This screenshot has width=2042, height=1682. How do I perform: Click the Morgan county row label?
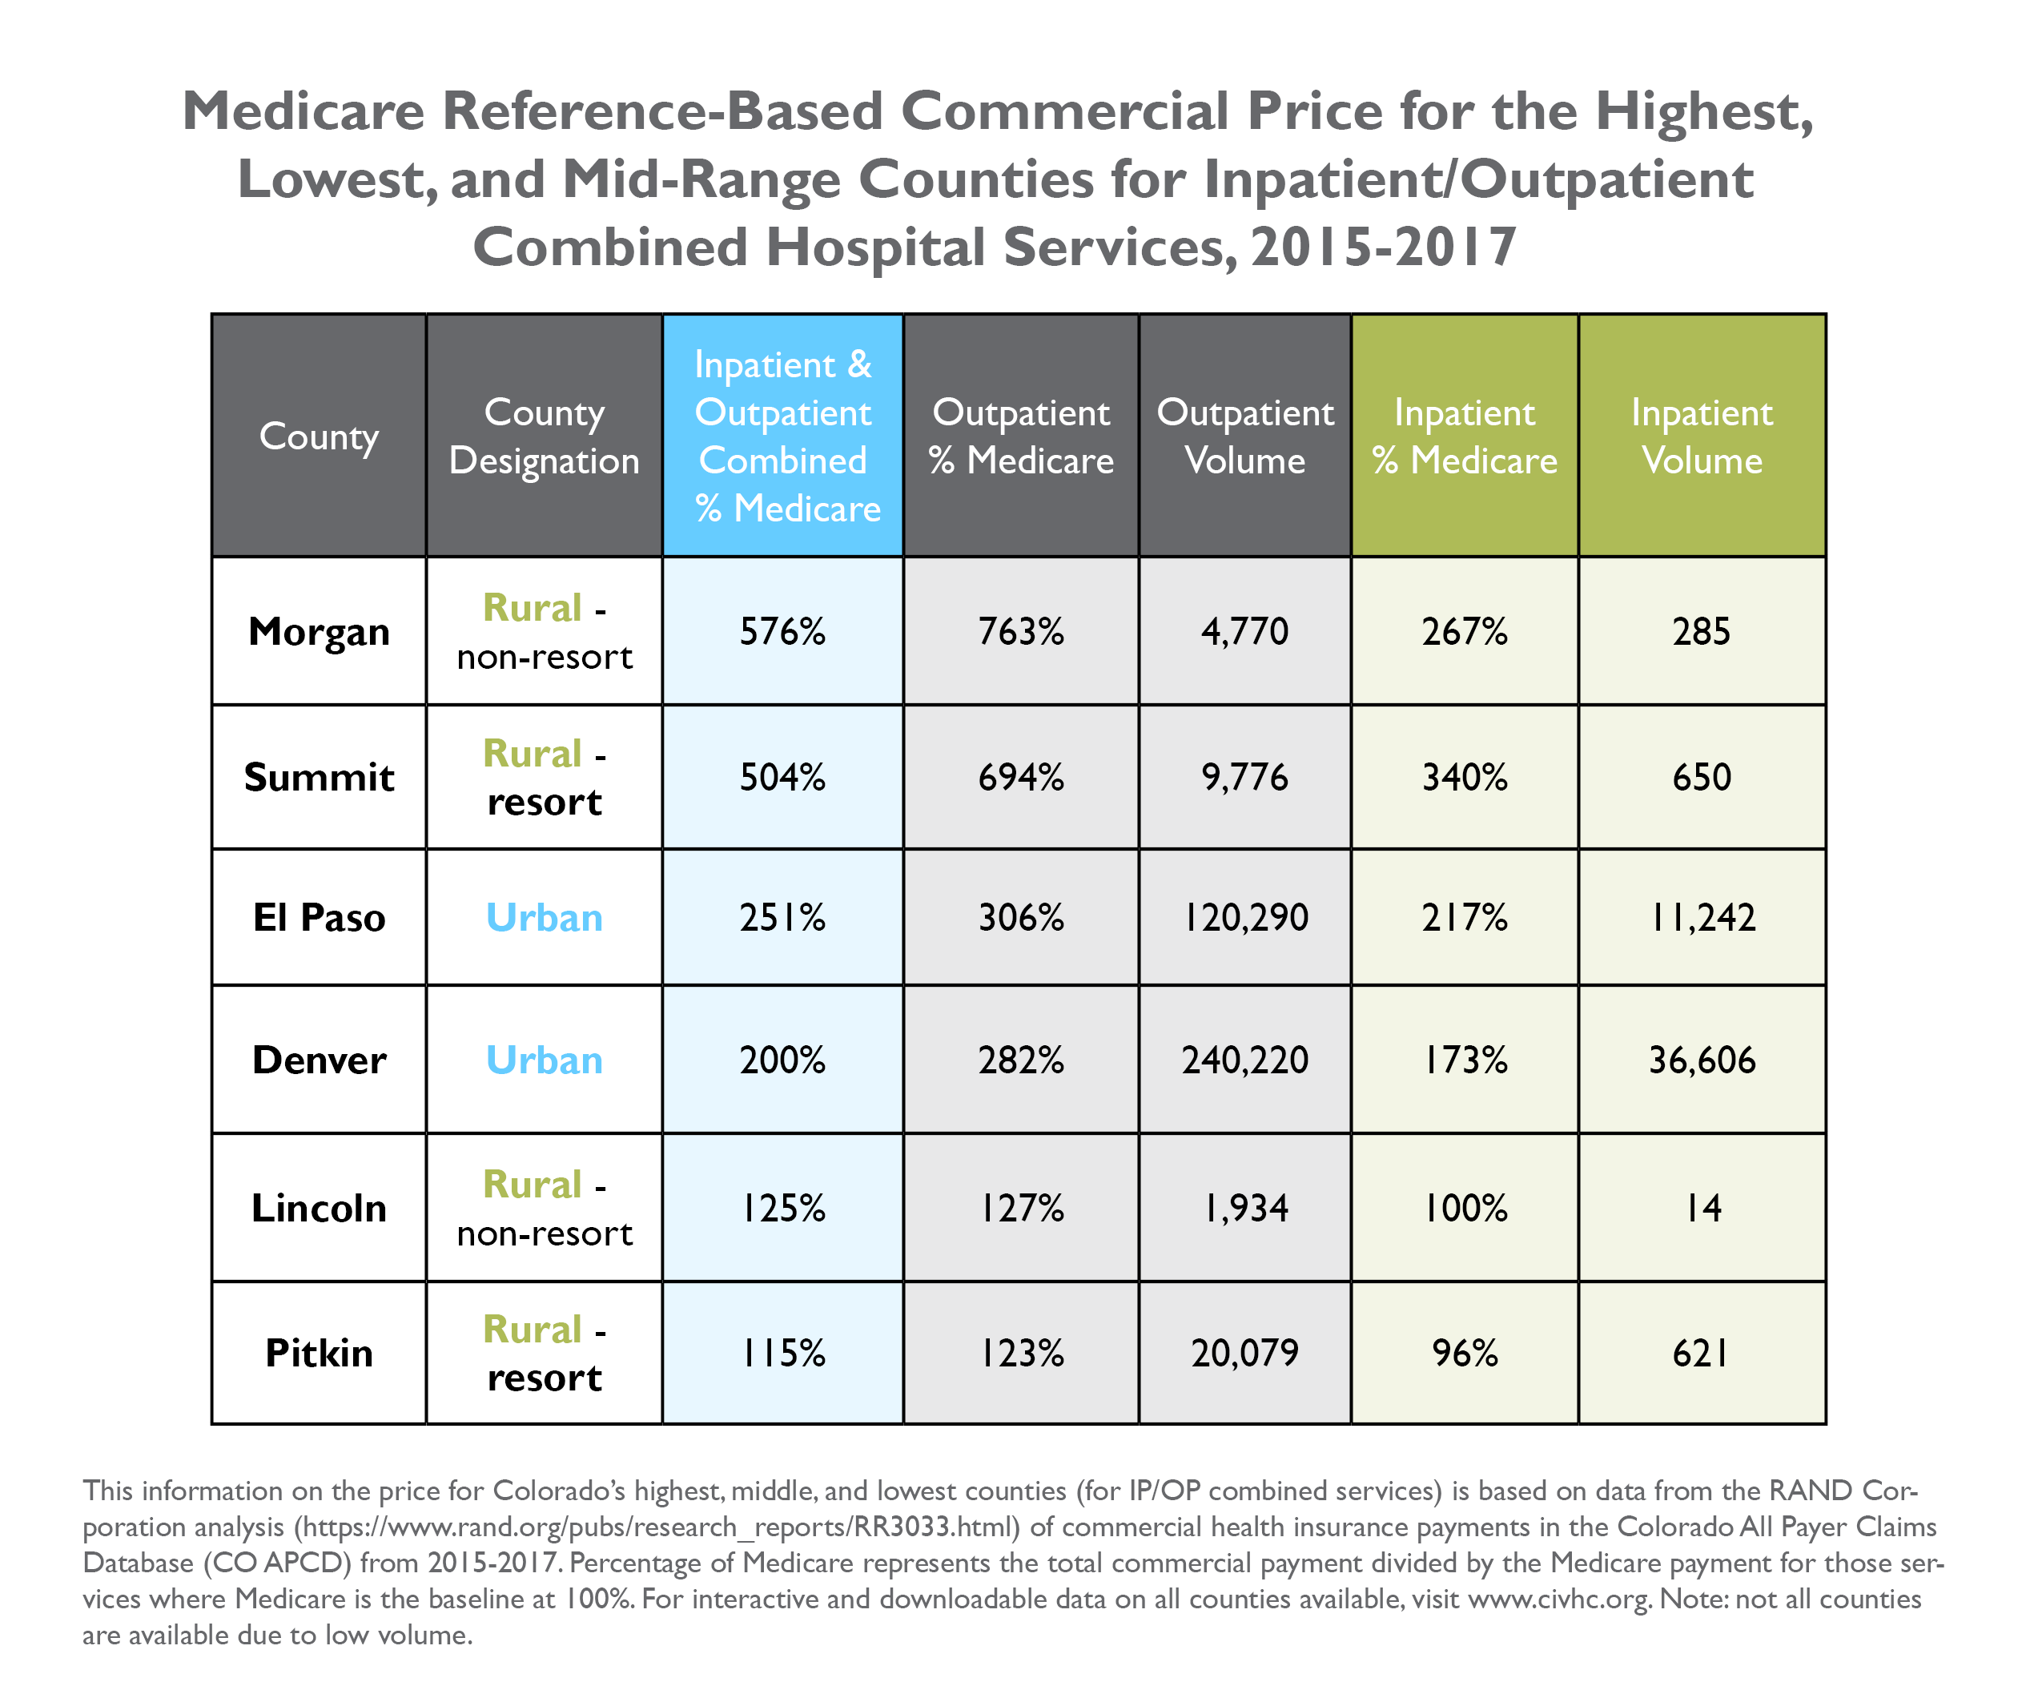point(319,632)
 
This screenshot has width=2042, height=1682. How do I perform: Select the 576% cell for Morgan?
point(782,632)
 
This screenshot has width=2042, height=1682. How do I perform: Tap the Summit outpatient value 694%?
point(1020,777)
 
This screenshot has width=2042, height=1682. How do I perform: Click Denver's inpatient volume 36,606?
point(1701,1060)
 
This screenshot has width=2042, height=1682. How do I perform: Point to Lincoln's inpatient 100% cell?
point(1464,1208)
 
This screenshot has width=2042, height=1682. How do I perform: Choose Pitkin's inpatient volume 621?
point(1701,1353)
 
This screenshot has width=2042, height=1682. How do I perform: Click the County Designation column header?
point(544,436)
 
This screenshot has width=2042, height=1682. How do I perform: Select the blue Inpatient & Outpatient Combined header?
point(782,436)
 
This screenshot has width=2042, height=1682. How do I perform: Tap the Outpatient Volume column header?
point(1244,436)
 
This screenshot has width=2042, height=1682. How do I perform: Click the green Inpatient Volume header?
point(1701,436)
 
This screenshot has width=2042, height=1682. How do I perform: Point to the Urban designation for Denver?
point(544,1060)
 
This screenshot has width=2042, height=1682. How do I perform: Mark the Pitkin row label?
point(319,1353)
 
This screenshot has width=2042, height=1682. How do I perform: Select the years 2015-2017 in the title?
point(1382,247)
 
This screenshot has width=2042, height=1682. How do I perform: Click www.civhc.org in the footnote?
point(1558,1599)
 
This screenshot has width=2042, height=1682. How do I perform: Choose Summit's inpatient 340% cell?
point(1464,777)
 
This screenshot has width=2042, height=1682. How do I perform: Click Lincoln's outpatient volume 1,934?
point(1244,1208)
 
